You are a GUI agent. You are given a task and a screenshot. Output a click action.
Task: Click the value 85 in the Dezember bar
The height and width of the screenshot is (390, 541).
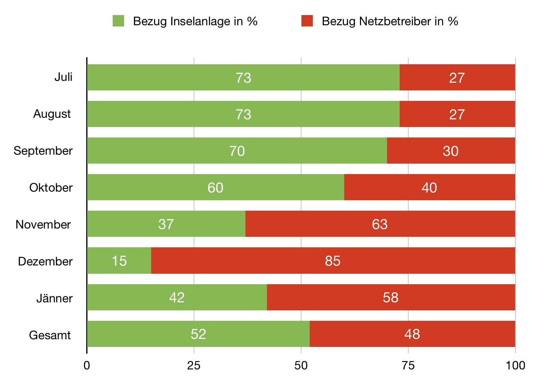click(333, 261)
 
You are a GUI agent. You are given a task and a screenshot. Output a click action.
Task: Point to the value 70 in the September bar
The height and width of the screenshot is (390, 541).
click(237, 151)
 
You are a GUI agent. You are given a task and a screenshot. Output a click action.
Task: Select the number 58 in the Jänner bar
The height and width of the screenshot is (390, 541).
click(390, 297)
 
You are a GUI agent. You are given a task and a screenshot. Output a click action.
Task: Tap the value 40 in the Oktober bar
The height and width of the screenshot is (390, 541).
click(429, 188)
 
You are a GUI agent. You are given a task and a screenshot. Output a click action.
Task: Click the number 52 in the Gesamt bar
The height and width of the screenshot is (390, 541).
click(198, 334)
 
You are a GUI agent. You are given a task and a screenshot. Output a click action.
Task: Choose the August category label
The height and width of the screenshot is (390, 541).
click(52, 114)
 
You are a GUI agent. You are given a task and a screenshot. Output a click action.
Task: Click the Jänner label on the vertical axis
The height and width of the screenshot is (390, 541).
click(55, 298)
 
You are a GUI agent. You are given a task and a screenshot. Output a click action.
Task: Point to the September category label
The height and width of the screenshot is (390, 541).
click(43, 151)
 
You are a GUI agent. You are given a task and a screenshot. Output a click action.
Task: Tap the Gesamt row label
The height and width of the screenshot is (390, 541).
click(50, 335)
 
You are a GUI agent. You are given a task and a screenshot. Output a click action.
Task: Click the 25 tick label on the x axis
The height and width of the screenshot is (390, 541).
click(194, 365)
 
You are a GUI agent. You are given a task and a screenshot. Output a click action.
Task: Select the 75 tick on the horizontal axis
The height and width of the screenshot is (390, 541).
click(408, 365)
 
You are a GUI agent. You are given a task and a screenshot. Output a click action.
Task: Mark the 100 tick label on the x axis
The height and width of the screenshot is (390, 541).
click(515, 365)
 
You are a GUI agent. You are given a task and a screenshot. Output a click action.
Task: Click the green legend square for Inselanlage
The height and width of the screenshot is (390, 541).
click(118, 21)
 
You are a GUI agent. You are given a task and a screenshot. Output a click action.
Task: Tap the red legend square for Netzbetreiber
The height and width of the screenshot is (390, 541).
click(307, 21)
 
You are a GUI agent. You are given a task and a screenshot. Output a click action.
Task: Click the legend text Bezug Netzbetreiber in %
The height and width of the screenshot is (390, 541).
click(390, 21)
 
